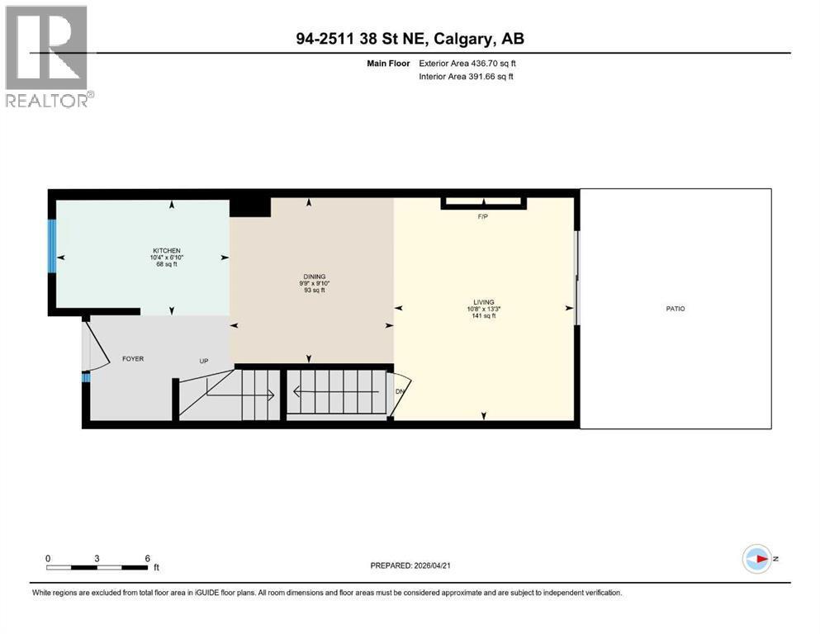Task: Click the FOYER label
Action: click(134, 359)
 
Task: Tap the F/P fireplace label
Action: click(483, 217)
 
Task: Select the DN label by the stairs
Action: click(401, 391)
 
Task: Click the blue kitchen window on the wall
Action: click(52, 246)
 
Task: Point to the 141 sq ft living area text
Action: click(483, 315)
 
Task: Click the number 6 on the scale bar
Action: click(147, 558)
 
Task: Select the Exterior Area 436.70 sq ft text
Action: click(468, 63)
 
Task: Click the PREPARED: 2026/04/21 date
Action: click(410, 565)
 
